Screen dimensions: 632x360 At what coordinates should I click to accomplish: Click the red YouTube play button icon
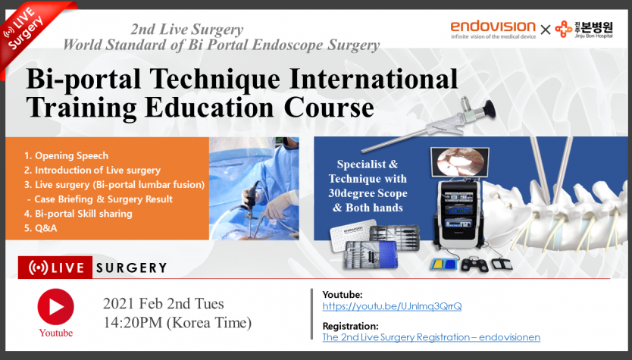(x=55, y=307)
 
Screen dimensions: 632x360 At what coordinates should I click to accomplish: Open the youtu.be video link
(x=392, y=306)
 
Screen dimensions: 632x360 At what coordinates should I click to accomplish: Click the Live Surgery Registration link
(x=431, y=337)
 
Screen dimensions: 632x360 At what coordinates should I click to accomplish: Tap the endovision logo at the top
(x=493, y=29)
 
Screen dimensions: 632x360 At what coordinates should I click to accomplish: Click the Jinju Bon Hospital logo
(x=584, y=30)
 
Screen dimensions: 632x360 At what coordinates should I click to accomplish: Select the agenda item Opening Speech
(x=66, y=155)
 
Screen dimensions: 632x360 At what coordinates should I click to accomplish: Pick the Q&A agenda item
(x=40, y=228)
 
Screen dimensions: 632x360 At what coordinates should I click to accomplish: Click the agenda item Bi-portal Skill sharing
(x=78, y=214)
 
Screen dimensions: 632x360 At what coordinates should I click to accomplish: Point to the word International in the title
(x=374, y=79)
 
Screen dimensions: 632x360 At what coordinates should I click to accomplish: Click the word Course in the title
(x=329, y=108)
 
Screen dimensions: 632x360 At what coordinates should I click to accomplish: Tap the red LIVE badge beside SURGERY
(x=55, y=268)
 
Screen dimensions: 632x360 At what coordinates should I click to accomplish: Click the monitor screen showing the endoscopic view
(x=460, y=161)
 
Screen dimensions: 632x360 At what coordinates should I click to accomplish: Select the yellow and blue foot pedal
(x=443, y=265)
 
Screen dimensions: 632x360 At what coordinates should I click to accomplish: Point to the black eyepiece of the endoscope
(x=488, y=109)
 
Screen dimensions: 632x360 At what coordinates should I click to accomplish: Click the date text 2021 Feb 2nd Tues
(x=163, y=304)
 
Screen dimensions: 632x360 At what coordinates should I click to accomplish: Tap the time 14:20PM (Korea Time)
(x=177, y=323)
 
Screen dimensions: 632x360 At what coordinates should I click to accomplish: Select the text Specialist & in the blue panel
(x=368, y=164)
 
